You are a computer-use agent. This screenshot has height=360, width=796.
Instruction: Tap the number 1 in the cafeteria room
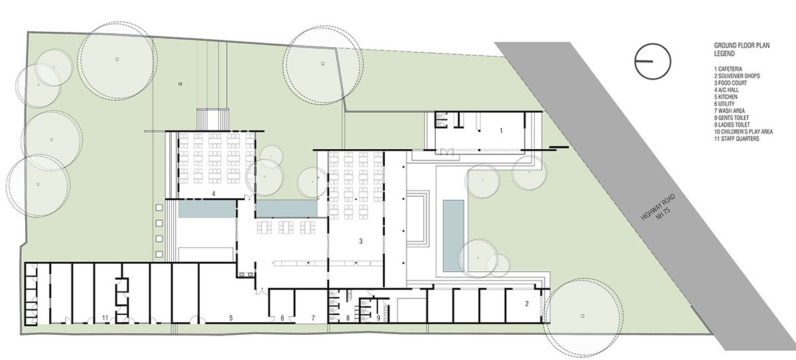[x=501, y=131]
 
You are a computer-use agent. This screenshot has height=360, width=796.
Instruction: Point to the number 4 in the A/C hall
[x=214, y=194]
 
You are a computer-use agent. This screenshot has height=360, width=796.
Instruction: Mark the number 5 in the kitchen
[x=230, y=318]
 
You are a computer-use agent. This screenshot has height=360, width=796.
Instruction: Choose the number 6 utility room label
[x=283, y=318]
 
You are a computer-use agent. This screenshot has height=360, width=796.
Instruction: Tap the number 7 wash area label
[x=313, y=318]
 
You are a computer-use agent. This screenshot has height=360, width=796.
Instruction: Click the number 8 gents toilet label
[x=348, y=318]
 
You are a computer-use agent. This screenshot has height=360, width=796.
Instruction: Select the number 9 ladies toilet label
[x=378, y=318]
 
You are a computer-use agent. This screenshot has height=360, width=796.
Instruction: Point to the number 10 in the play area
[x=180, y=84]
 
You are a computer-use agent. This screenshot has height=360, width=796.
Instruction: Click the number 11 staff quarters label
[x=105, y=318]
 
